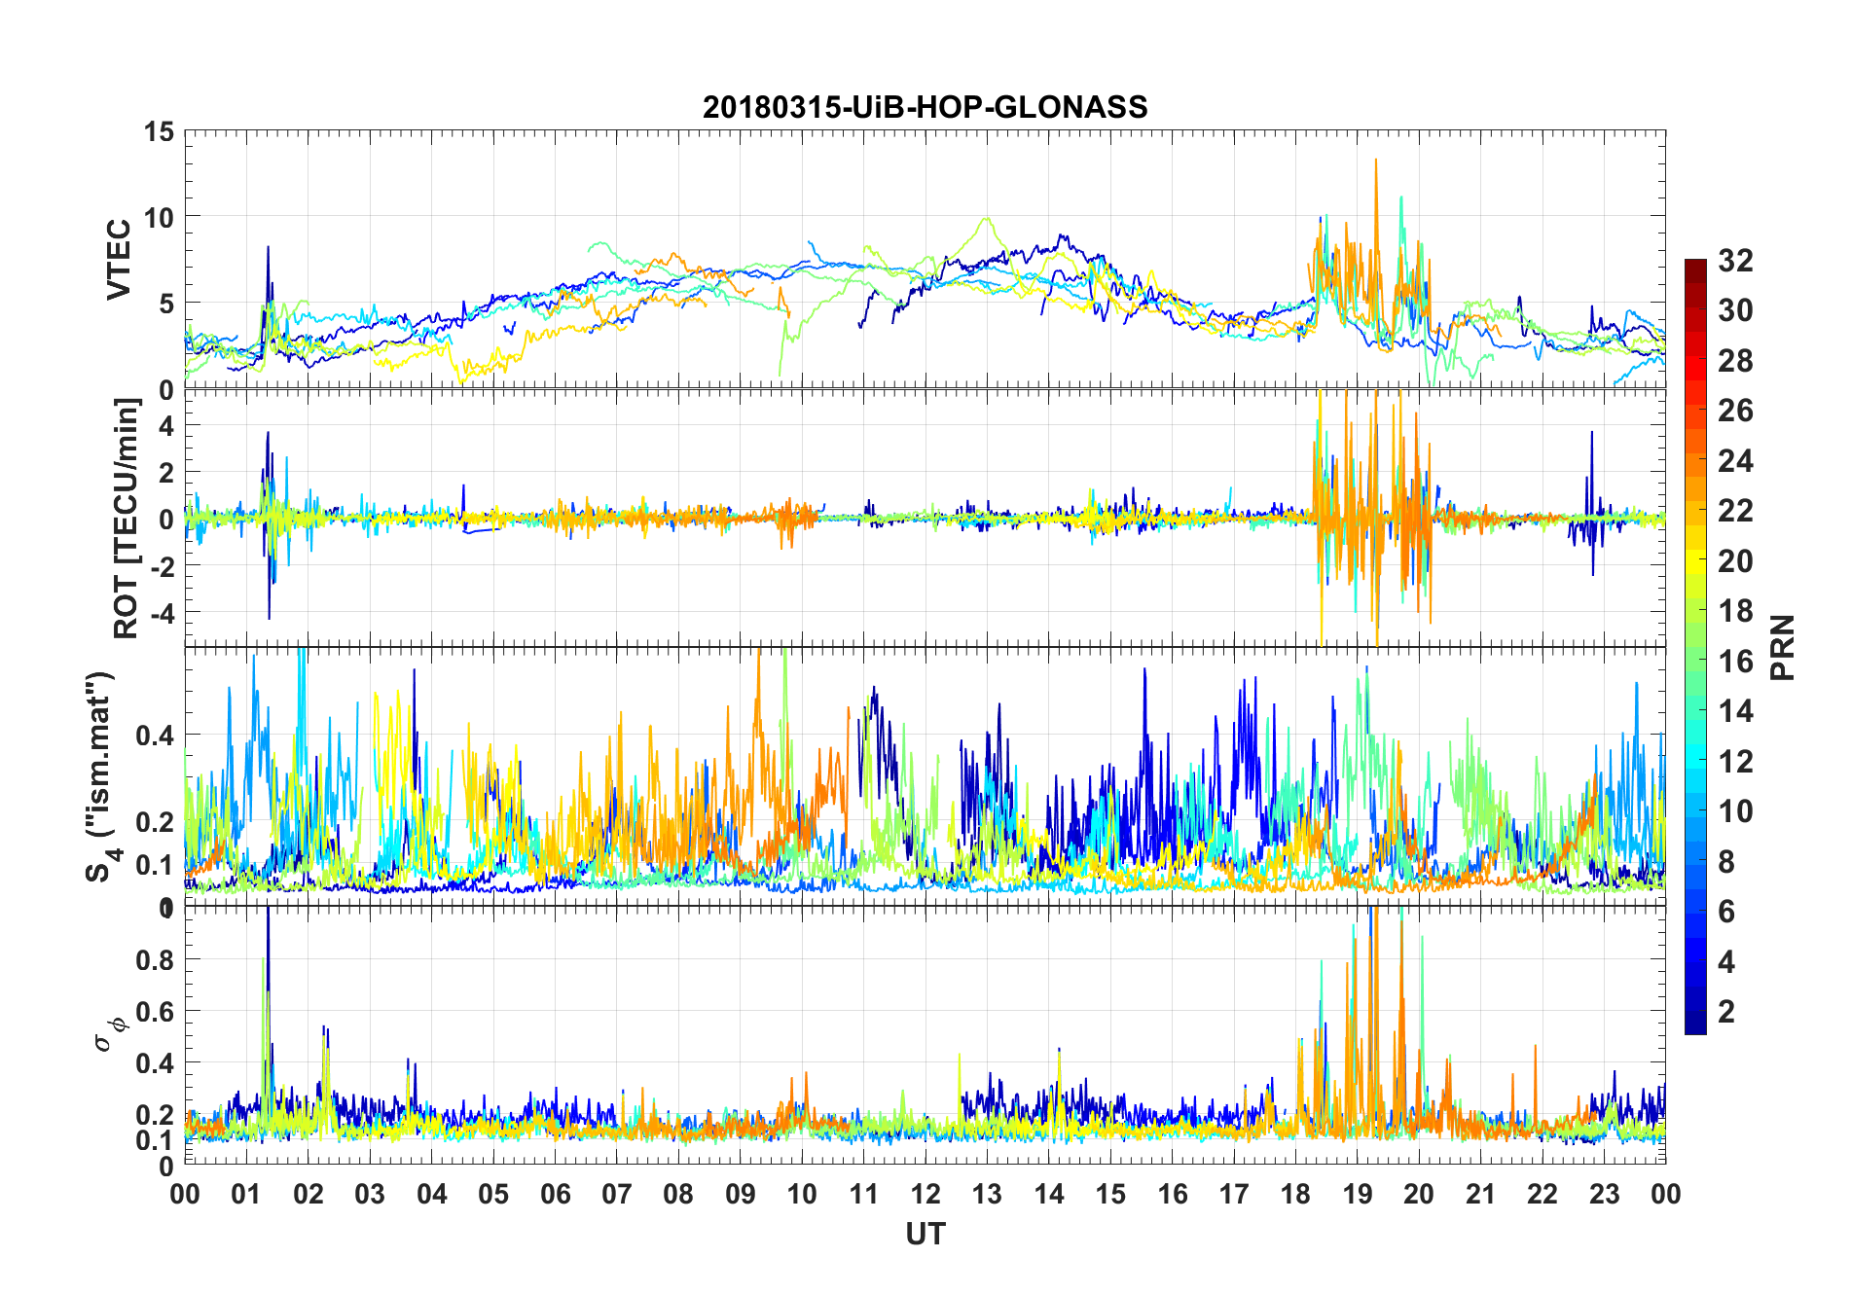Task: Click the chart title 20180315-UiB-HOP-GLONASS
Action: pos(925,107)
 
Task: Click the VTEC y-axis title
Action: pos(119,260)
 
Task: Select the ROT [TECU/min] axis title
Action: pos(127,518)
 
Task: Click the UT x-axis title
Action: pos(925,1234)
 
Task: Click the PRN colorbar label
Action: pos(1783,647)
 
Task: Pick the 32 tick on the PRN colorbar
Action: pos(1735,261)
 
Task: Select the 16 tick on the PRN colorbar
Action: pos(1735,662)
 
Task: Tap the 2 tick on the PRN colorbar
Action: pos(1726,1012)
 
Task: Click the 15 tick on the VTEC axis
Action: pos(160,131)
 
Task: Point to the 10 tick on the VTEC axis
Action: pos(160,218)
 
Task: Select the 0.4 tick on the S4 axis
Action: pos(156,736)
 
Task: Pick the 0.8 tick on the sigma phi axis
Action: pos(156,960)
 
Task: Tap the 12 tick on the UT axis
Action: pos(925,1194)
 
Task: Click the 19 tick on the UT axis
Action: pos(1358,1194)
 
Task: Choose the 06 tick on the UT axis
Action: pos(555,1194)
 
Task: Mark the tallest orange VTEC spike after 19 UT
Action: pos(1375,162)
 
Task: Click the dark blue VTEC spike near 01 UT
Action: pos(268,249)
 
